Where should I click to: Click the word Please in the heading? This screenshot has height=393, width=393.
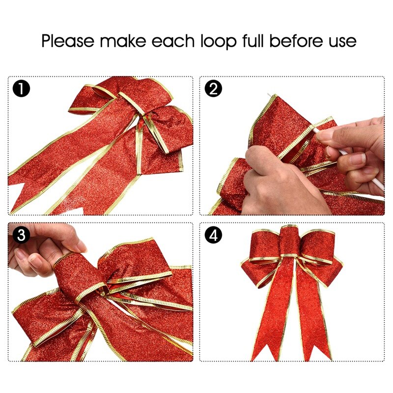[68, 41]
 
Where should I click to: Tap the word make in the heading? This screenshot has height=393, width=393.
[123, 41]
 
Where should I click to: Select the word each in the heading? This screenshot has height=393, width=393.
[173, 41]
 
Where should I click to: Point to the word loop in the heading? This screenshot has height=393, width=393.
[218, 41]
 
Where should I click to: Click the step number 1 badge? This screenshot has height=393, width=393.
[21, 89]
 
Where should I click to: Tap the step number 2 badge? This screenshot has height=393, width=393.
[213, 89]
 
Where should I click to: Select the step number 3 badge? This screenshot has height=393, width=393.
[21, 235]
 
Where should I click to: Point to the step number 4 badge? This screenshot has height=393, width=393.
[213, 235]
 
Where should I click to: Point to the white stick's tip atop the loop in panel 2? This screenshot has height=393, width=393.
[269, 95]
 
